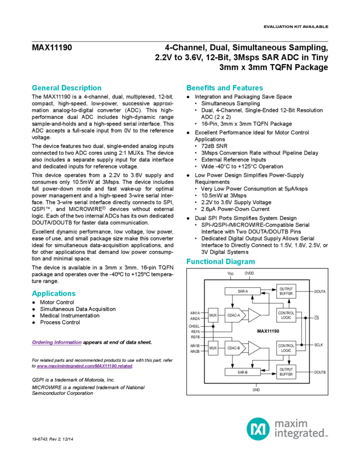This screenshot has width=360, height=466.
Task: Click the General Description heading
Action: [x=66, y=88]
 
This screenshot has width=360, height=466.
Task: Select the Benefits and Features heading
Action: [x=225, y=88]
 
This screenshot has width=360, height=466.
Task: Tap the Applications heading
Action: [x=53, y=293]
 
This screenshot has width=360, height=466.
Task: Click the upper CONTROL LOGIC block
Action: [x=287, y=315]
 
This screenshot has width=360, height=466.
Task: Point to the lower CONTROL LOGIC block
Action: [x=287, y=348]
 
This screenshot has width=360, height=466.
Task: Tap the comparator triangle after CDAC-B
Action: [x=254, y=348]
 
